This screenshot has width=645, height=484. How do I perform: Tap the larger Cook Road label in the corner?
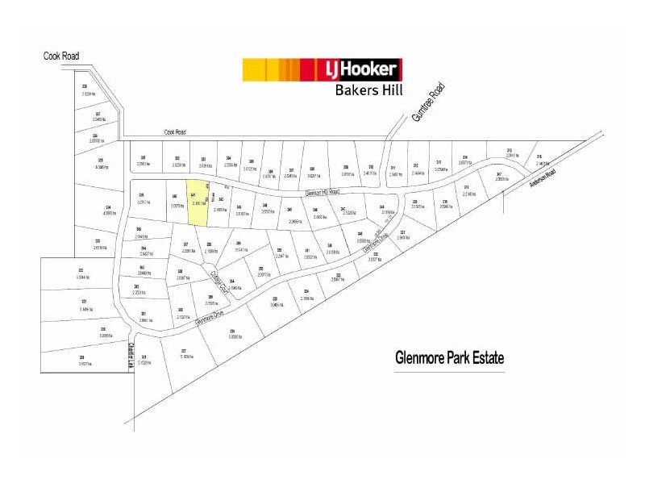(61, 56)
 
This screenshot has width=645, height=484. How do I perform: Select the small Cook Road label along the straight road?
(175, 131)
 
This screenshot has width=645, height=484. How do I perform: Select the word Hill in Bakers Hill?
(391, 90)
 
